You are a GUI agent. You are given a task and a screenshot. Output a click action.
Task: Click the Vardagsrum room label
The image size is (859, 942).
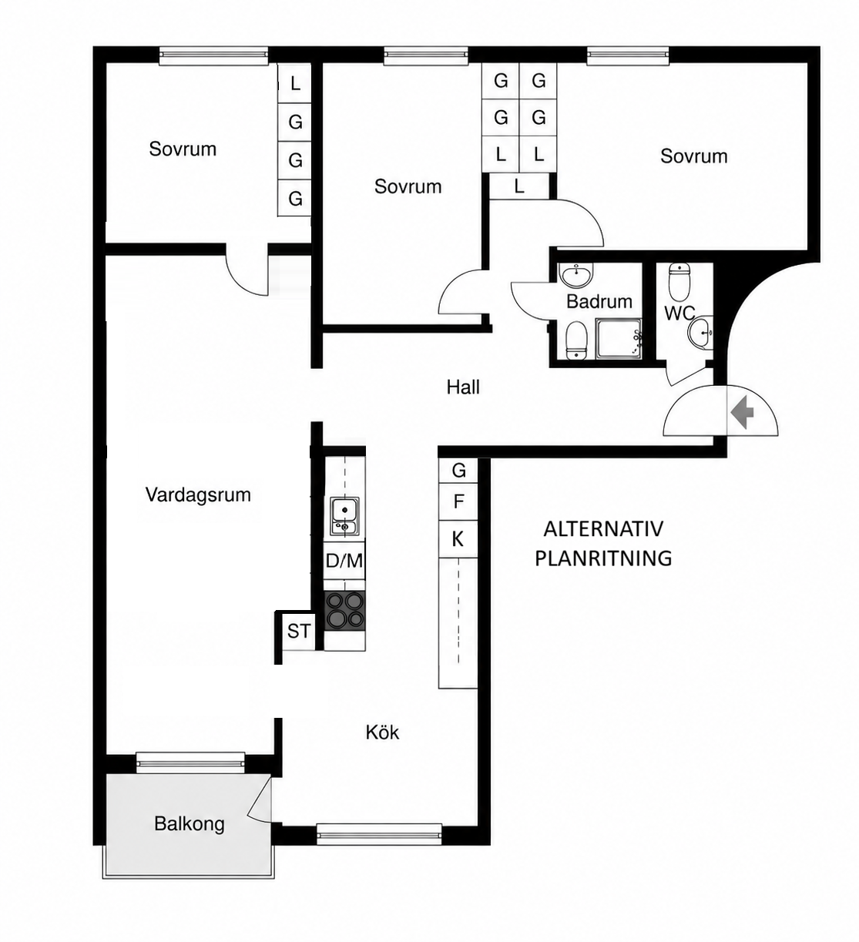coord(198,495)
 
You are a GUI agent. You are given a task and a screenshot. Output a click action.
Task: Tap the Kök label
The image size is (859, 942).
coord(382,732)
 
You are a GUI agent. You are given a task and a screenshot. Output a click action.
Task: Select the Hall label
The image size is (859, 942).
coord(463,387)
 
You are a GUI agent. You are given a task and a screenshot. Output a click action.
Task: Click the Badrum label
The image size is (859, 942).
coord(599,301)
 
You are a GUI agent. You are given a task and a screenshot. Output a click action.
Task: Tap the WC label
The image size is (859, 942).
coord(679,313)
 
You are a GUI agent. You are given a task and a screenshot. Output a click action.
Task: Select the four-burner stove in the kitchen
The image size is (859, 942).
coord(344,610)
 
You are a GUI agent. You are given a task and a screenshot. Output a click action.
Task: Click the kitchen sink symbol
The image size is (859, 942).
coord(344,516)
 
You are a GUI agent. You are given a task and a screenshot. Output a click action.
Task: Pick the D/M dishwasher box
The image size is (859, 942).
coord(344,561)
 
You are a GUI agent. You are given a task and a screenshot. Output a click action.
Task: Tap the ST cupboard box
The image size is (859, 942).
coord(299,631)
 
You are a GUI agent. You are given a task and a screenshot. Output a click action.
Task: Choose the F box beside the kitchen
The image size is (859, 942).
coord(458,501)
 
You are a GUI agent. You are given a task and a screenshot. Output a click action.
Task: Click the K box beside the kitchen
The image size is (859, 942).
coord(458,539)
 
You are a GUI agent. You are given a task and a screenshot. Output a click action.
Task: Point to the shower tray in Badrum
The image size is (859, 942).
coord(619,339)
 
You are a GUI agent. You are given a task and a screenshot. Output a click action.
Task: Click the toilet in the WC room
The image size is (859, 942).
coord(679,281)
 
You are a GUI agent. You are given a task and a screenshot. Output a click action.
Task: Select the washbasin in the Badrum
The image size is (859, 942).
coord(575,275)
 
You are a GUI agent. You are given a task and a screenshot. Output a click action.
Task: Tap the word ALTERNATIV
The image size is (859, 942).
coord(603,529)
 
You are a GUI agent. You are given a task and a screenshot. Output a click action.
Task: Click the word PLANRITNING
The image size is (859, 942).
coord(603,559)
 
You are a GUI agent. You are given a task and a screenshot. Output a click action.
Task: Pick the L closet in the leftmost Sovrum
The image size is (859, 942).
coord(294,84)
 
